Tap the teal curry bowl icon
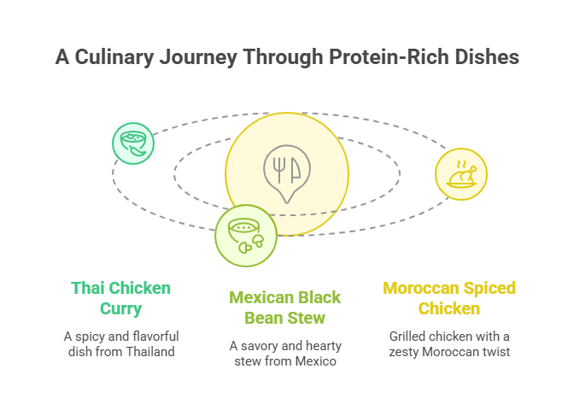point(134,143)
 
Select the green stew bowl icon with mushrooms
point(245,235)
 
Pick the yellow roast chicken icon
point(461,174)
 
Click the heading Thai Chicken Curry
point(121,298)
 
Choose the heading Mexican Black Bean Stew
point(284,307)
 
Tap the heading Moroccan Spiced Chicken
point(449,298)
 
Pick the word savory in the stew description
point(259,346)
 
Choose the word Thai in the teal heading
point(87,288)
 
